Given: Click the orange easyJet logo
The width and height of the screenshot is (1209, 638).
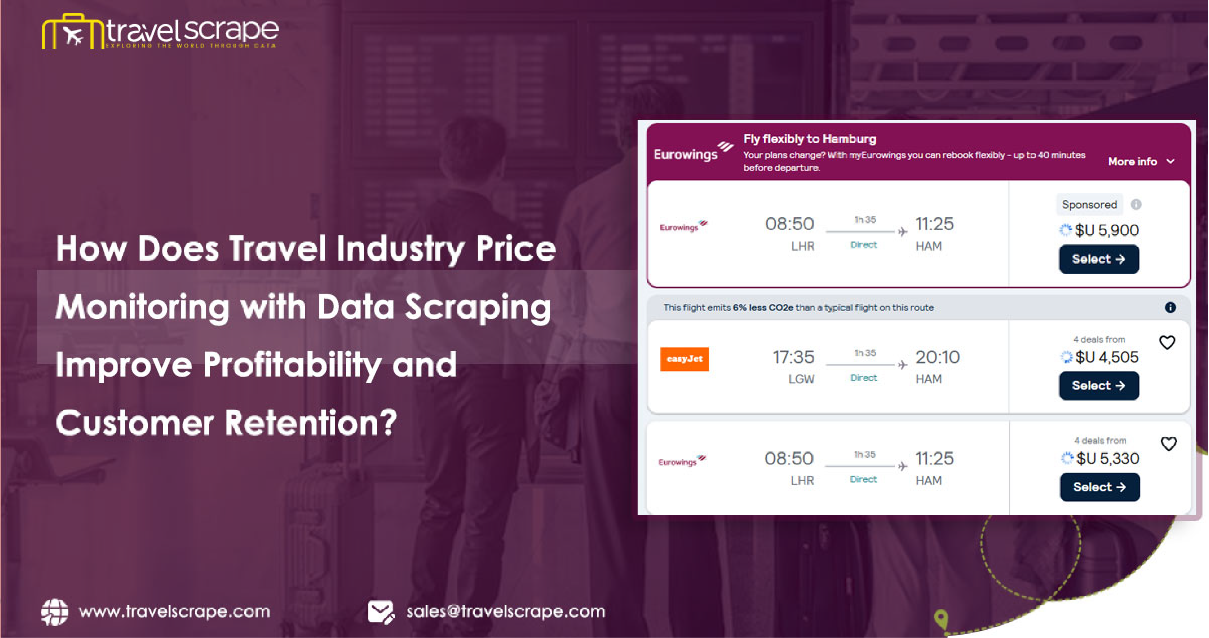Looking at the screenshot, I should (x=684, y=359).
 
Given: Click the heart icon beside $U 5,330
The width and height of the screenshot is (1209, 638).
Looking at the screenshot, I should (x=1168, y=443).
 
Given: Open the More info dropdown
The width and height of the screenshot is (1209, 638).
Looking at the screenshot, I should (x=1141, y=161).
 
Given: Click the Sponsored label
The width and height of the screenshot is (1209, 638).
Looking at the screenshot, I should (x=1089, y=205).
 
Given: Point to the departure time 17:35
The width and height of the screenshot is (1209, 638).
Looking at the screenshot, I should (x=793, y=357).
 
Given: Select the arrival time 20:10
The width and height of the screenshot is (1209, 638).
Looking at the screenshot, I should (x=937, y=357).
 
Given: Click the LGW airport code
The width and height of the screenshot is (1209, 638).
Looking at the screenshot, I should (x=801, y=379).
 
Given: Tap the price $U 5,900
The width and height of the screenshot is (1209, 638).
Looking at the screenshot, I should (x=1106, y=230).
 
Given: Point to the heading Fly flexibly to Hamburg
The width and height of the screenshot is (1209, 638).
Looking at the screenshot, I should (x=809, y=139).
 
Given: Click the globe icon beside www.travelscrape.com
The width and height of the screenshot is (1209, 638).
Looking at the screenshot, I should (x=54, y=612).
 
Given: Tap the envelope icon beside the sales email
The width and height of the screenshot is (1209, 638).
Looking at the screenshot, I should (x=381, y=612).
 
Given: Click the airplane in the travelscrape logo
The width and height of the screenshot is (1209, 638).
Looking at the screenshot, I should (x=73, y=35).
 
